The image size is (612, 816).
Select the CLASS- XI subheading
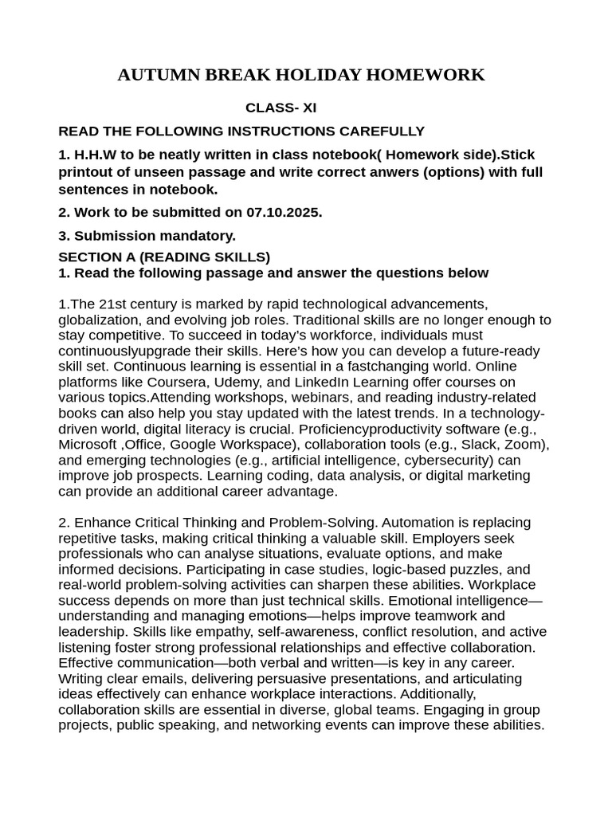tap(280, 108)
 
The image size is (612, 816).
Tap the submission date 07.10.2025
tap(284, 213)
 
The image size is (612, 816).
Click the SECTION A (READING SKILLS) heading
tap(164, 257)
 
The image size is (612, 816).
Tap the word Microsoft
tap(87, 444)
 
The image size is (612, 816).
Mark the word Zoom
tap(528, 444)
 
